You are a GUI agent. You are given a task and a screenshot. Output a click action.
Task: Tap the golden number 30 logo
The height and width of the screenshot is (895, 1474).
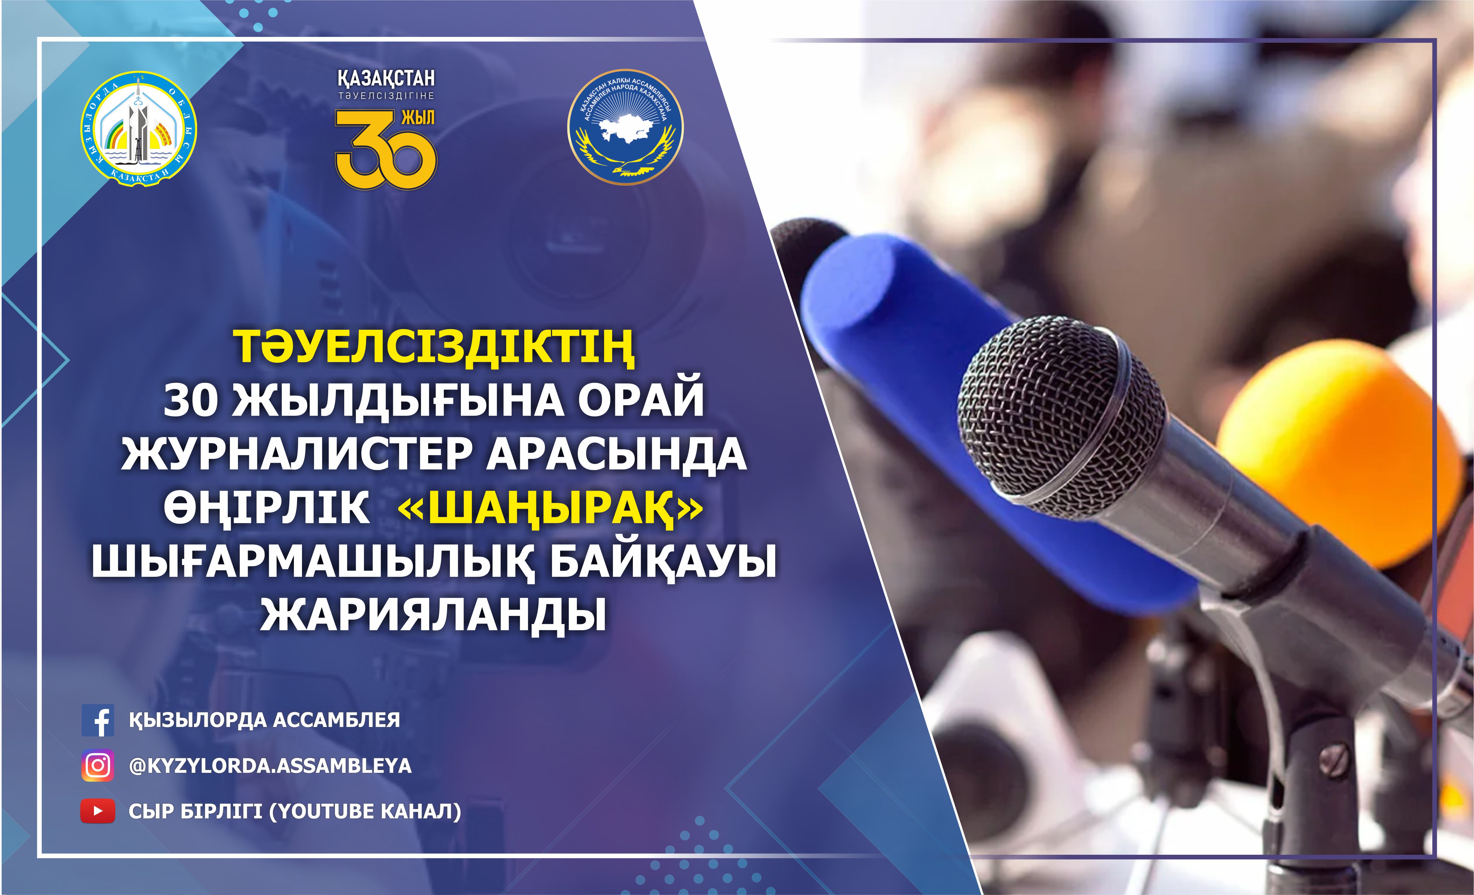[x=386, y=150]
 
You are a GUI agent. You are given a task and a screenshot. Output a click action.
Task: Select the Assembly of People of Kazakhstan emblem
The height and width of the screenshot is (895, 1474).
[x=625, y=127]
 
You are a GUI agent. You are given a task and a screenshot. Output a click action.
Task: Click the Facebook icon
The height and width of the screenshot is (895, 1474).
[x=98, y=720]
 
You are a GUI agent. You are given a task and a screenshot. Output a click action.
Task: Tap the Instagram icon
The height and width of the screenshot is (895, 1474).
[x=98, y=765]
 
